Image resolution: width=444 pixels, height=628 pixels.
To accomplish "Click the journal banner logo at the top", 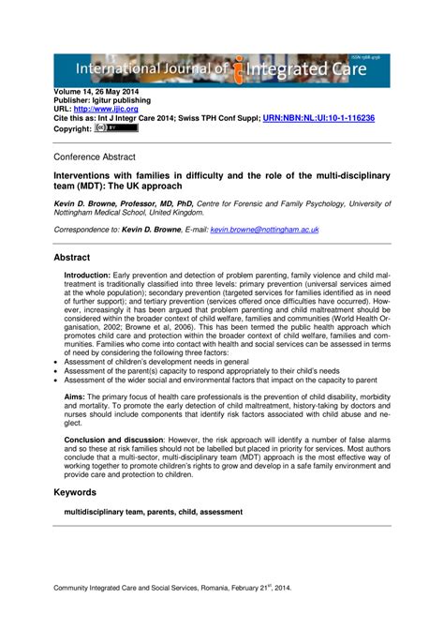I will pos(222,68).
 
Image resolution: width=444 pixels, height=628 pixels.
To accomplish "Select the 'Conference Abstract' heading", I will pos(94,157).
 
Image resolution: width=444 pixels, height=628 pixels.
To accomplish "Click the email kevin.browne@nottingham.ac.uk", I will pos(264,229).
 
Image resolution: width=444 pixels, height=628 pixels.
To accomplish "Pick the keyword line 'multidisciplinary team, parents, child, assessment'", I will pos(153,512).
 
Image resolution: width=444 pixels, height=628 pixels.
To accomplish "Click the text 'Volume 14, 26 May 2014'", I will pos(99,92).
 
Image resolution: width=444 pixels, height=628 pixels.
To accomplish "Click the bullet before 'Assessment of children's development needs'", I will pos(56,360).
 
